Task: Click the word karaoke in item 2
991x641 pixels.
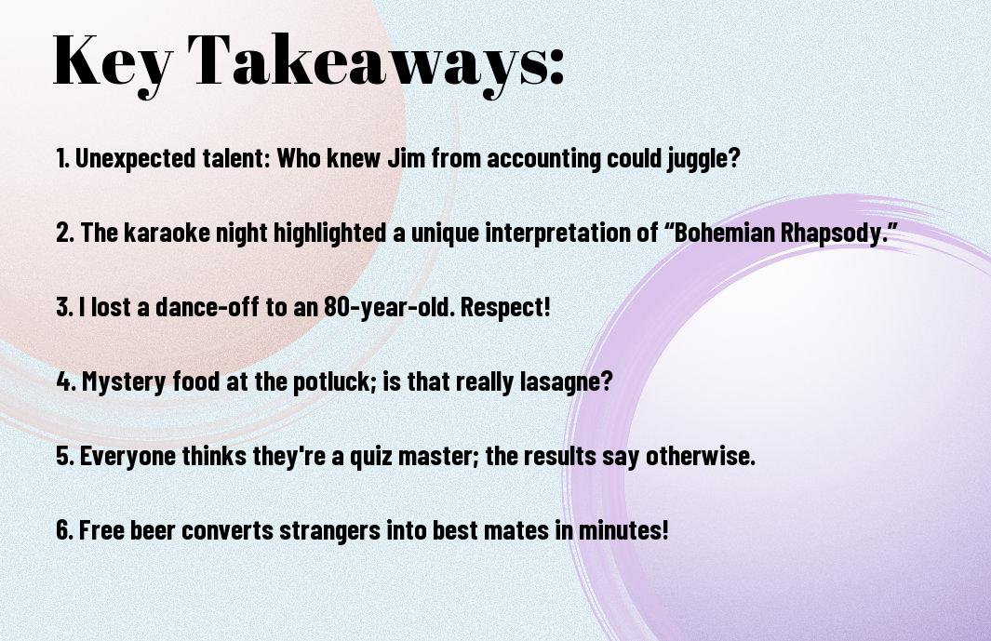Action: tap(167, 233)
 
